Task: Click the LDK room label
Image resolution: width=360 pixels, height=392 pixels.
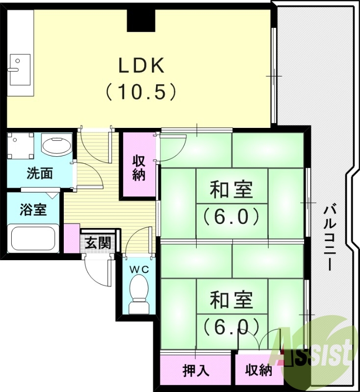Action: pyautogui.click(x=141, y=66)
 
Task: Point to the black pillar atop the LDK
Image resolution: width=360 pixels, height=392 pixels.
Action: pyautogui.click(x=141, y=20)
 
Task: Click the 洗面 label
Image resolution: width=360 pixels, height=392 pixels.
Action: pyautogui.click(x=40, y=173)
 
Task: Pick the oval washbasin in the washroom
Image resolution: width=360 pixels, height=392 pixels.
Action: pyautogui.click(x=55, y=146)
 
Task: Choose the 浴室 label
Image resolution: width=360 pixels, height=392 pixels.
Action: pyautogui.click(x=33, y=209)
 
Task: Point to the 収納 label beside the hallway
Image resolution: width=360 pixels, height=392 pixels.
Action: pyautogui.click(x=139, y=168)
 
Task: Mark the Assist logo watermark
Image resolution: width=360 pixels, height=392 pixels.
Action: pyautogui.click(x=316, y=348)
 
